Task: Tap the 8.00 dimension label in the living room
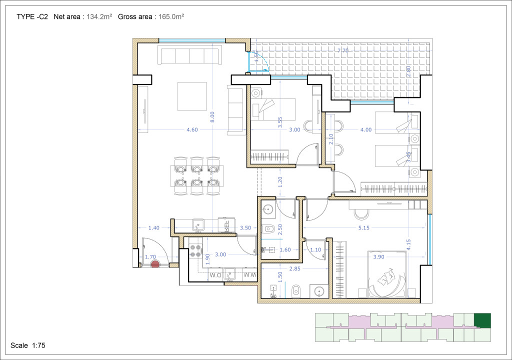212,116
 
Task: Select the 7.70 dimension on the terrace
342,50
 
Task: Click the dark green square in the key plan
482,320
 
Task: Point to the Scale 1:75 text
28,345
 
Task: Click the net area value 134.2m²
99,16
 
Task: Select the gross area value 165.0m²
171,16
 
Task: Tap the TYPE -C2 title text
32,16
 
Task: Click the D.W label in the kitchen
215,275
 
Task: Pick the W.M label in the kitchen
249,275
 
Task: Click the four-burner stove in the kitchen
195,250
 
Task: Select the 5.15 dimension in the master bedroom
367,228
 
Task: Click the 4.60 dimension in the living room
192,130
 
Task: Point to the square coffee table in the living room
192,96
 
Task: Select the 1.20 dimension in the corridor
280,181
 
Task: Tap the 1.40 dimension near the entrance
153,228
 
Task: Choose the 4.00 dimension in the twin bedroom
366,130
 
